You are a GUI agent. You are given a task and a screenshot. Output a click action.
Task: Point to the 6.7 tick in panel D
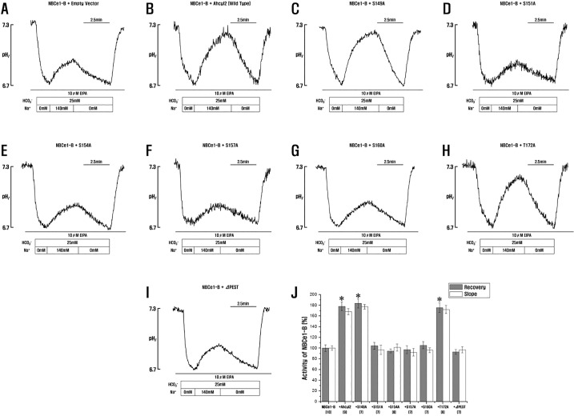452,85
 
